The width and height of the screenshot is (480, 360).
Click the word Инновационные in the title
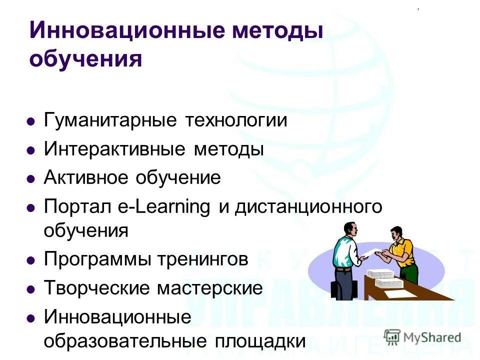click(x=117, y=30)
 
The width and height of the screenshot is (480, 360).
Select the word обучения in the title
click(x=85, y=59)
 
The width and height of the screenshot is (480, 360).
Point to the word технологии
click(x=236, y=121)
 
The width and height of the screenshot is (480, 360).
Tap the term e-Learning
click(x=172, y=207)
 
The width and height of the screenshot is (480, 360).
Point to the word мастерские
click(x=209, y=288)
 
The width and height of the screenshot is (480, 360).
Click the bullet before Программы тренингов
click(x=31, y=260)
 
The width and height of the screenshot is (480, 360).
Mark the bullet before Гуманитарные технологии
click(x=31, y=121)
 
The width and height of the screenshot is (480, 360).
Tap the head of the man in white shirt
click(x=350, y=228)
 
